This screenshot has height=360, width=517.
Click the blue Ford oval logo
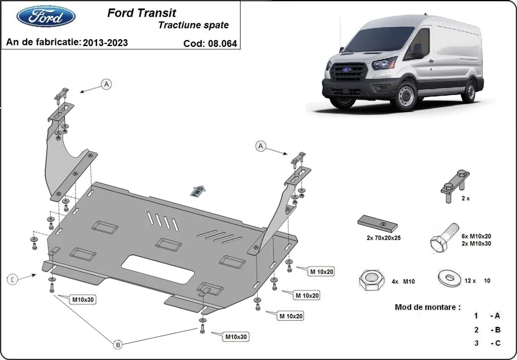click(46, 17)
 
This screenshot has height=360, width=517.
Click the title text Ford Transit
click(141, 13)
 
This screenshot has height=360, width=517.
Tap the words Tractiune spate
click(193, 25)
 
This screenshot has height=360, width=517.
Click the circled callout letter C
click(13, 279)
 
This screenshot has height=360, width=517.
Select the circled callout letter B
click(117, 344)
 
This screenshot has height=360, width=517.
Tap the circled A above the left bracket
click(106, 84)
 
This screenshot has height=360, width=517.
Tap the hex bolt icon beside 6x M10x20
click(443, 239)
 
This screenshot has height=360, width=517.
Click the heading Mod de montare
click(427, 307)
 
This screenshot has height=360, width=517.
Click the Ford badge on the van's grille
click(346, 69)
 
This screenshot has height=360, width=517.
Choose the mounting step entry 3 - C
click(487, 343)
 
